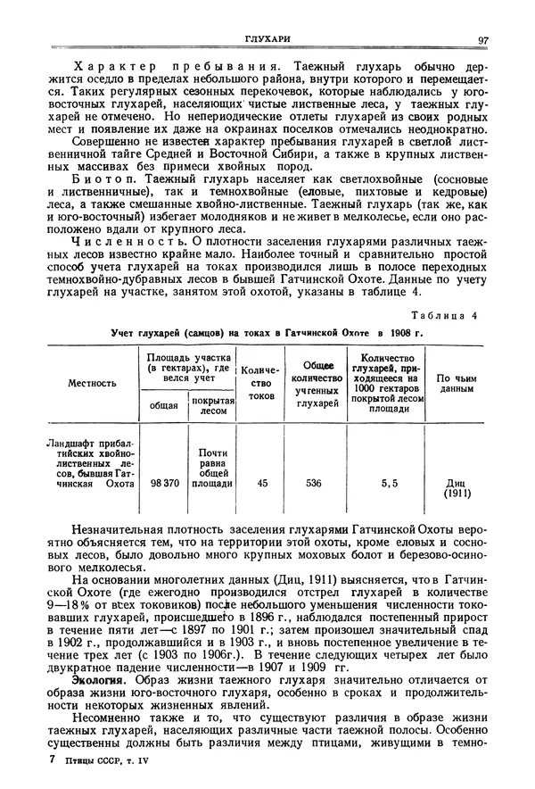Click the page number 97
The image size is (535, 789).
[x=482, y=39]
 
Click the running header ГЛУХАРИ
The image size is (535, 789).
[x=268, y=38]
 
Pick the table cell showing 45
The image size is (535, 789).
[x=261, y=483]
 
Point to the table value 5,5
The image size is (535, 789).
[x=390, y=483]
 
